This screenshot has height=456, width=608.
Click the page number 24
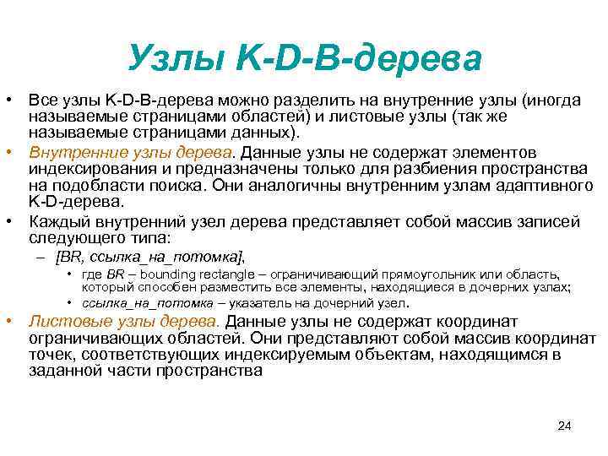point(565,425)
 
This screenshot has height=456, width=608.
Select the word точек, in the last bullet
point(48,355)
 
